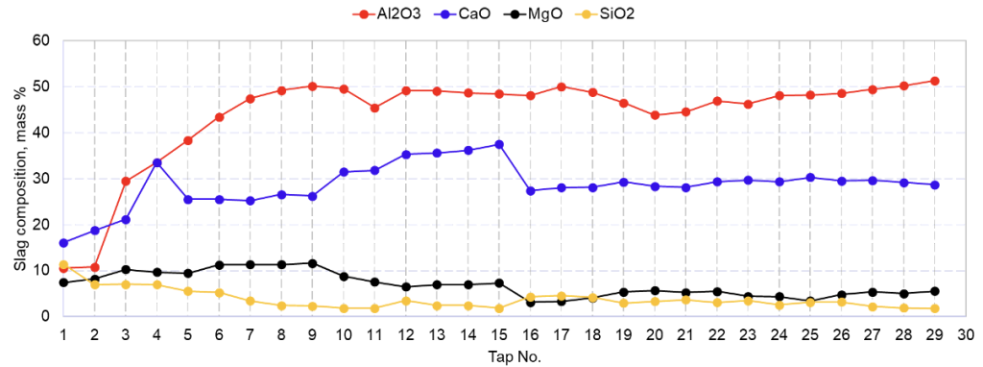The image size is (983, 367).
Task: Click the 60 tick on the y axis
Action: tap(40, 40)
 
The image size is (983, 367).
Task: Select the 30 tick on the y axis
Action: tap(40, 179)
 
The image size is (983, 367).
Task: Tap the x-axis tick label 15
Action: tap(499, 334)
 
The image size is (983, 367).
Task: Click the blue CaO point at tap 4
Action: tap(157, 162)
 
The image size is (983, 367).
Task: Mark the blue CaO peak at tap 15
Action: tap(499, 144)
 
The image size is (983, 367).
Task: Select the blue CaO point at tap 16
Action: tap(531, 190)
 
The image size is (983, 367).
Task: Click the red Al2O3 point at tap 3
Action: tap(126, 181)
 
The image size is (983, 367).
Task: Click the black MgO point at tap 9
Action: tap(313, 263)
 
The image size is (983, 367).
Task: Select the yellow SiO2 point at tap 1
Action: tap(63, 264)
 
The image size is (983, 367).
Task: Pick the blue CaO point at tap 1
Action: tap(63, 243)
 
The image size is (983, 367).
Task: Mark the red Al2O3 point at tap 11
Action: tap(374, 108)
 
